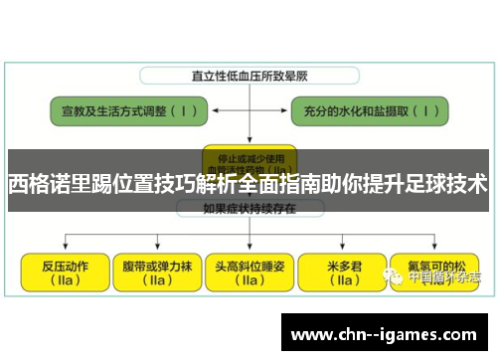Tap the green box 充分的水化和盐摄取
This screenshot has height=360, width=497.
click(x=369, y=110)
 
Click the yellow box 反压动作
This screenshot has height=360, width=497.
click(x=64, y=271)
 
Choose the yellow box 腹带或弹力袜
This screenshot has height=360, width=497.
click(x=154, y=271)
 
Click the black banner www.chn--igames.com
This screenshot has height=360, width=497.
click(x=385, y=330)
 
